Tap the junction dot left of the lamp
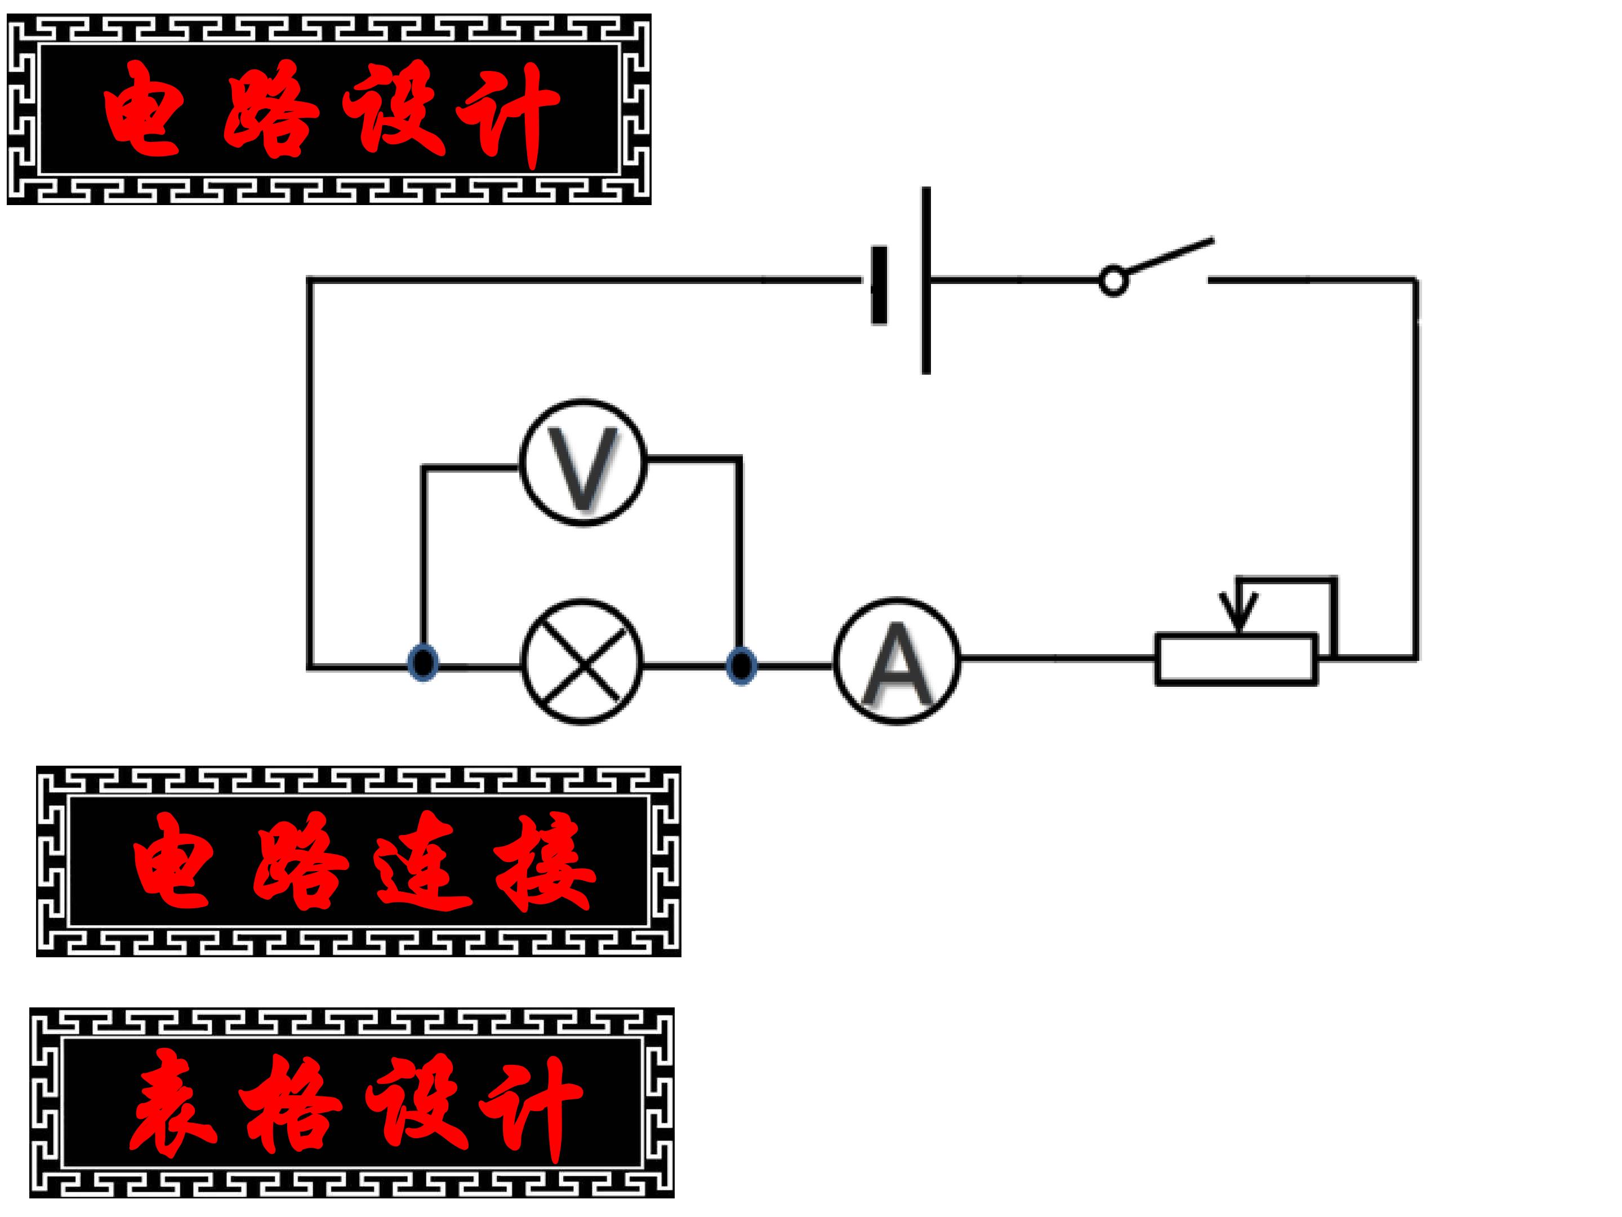(x=423, y=663)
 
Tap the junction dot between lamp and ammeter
(x=741, y=666)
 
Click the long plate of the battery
(x=926, y=280)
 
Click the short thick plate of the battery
(x=879, y=285)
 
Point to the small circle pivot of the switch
(x=1113, y=281)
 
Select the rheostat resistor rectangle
(x=1236, y=659)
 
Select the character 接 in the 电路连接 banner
(x=545, y=861)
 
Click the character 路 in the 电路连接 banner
(x=301, y=861)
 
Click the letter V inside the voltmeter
(x=583, y=467)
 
